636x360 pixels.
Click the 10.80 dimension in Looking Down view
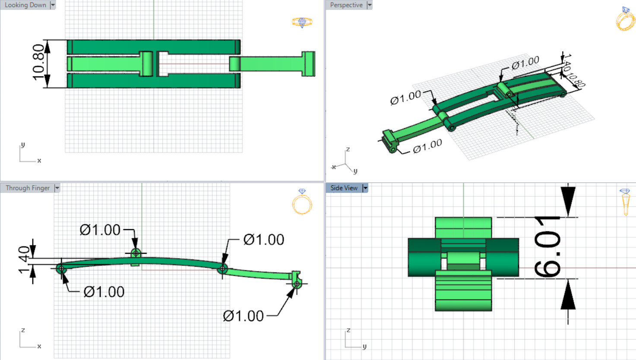point(38,63)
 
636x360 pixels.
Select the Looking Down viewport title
point(25,5)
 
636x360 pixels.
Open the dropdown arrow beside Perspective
point(370,5)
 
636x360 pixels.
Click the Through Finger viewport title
point(28,188)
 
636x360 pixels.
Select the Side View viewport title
point(344,188)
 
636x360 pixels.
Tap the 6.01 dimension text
point(547,247)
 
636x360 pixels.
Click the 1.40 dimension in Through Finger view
point(24,260)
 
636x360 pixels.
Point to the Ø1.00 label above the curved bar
point(100,230)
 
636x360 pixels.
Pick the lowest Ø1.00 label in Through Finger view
point(243,316)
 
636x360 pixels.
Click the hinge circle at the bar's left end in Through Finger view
point(61,269)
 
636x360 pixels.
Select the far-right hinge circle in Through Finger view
point(297,284)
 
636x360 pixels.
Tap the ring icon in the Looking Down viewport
point(302,22)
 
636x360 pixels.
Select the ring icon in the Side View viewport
point(625,202)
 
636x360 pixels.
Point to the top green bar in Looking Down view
point(153,47)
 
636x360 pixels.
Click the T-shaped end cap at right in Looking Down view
point(308,64)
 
